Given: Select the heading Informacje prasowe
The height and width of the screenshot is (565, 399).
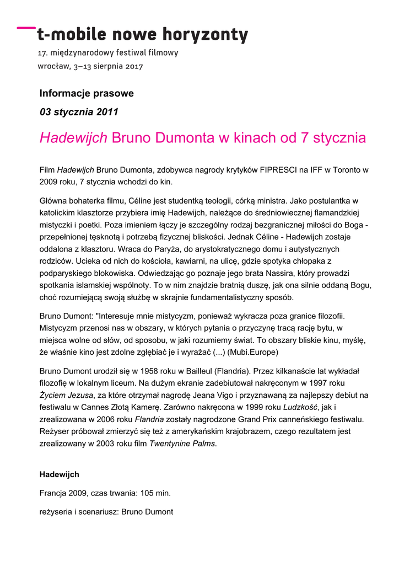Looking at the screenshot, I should pos(87,93).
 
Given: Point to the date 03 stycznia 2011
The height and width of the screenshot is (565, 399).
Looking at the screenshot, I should pos(79,112).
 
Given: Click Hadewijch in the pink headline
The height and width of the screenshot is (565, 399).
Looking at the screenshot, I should pos(73,138).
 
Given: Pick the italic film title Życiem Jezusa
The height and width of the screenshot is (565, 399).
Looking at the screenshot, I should pos(67,395).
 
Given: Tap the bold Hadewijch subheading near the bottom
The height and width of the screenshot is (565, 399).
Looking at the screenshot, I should pos(60,475).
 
